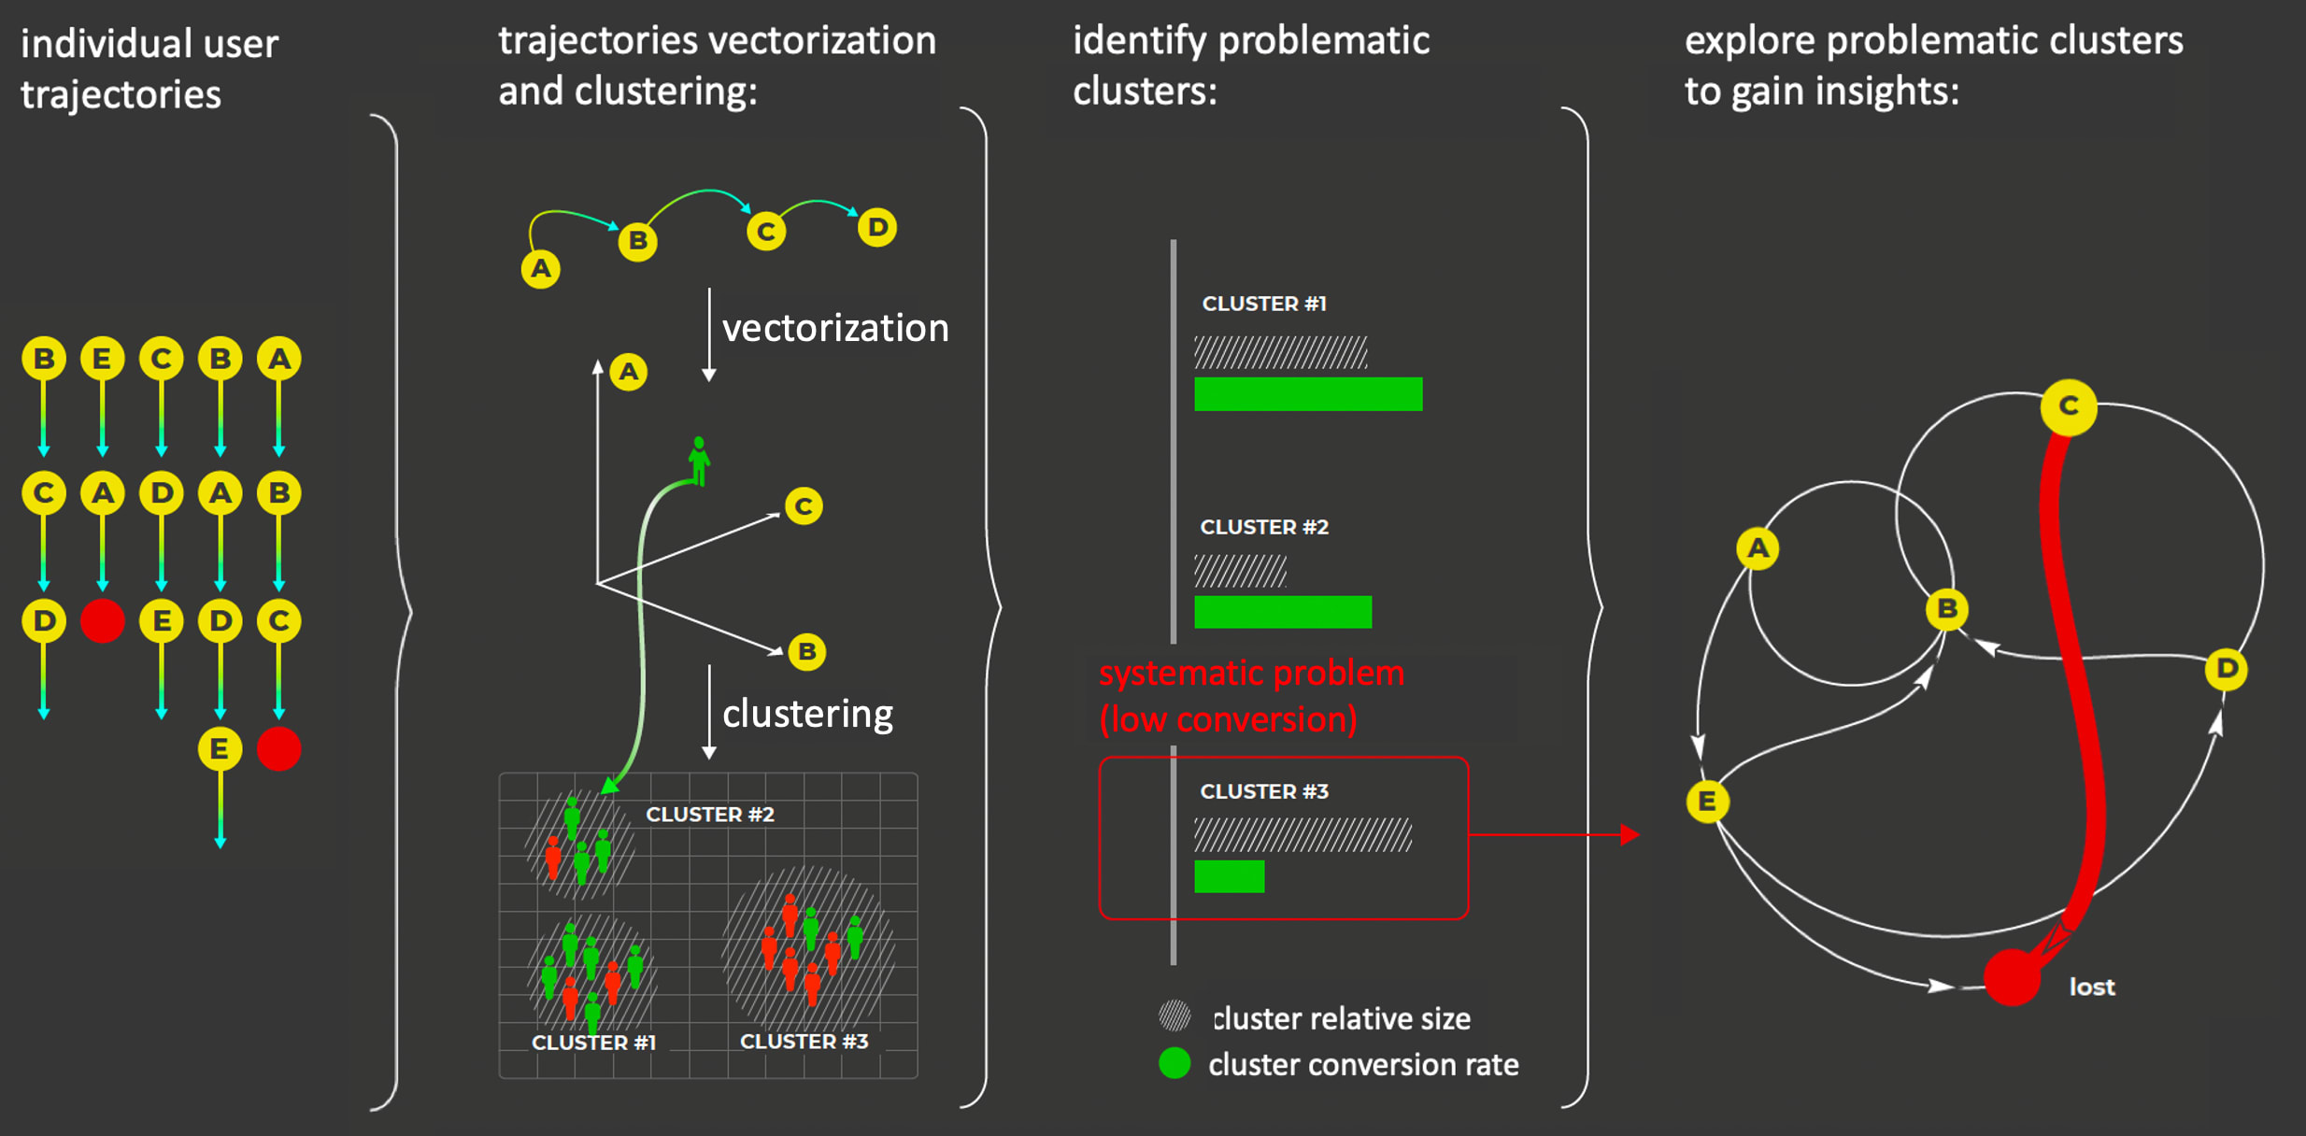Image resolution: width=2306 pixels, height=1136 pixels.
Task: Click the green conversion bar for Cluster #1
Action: [1307, 393]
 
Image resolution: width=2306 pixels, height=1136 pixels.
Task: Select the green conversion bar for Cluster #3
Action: [1229, 876]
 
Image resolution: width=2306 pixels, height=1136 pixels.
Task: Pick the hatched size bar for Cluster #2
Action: [1240, 571]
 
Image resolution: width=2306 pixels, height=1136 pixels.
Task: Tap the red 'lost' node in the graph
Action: [2011, 977]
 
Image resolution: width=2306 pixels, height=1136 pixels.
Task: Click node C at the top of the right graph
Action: [2068, 406]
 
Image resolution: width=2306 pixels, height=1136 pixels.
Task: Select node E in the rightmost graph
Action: [1707, 801]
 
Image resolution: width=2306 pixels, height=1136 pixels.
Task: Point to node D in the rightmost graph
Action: [2226, 668]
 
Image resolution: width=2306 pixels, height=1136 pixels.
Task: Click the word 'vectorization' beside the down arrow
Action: [835, 328]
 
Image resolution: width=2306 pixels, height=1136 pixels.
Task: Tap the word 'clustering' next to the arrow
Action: [807, 714]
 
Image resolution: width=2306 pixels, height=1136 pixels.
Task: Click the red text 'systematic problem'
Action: [1250, 673]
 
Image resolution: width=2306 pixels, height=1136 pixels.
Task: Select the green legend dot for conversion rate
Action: [1174, 1063]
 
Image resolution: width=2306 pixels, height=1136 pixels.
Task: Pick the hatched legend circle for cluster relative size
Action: [1174, 1015]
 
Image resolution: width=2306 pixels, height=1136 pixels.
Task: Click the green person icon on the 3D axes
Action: [699, 460]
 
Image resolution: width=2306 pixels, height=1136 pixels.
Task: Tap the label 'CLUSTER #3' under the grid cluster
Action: [804, 1041]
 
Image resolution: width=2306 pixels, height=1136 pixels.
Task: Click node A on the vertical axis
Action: [629, 372]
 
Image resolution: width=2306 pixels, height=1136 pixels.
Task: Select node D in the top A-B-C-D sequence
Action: [876, 227]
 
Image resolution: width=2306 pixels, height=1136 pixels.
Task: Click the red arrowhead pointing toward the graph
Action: [1629, 834]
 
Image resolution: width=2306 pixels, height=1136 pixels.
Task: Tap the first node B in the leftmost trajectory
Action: [44, 359]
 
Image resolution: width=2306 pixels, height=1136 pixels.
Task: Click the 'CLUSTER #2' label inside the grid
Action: [709, 814]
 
